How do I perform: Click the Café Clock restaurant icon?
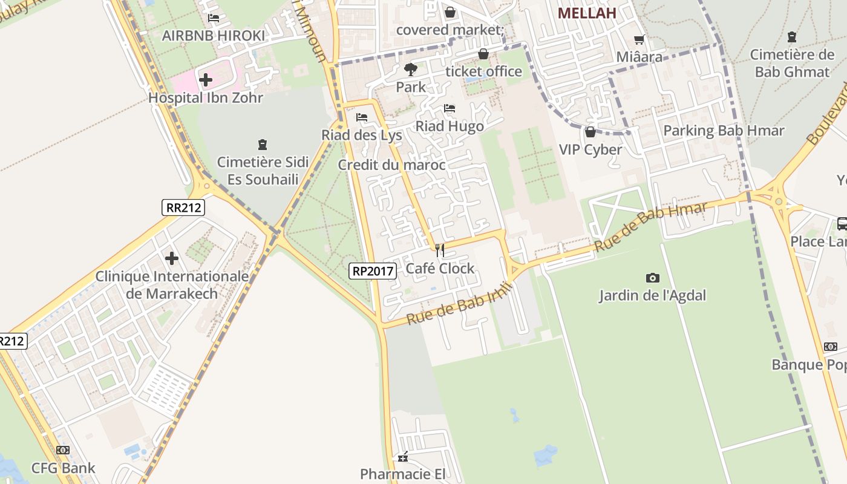coord(440,250)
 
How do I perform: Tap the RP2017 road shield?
coord(373,271)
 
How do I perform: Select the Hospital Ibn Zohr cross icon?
coord(206,79)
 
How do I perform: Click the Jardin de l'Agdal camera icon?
coord(653,278)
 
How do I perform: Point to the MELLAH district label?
coord(586,13)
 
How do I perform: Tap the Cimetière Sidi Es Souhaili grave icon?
coord(263,145)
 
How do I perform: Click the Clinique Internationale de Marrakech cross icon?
coord(172,258)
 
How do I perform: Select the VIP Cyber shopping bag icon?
coord(590,131)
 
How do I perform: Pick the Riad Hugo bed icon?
coord(450,108)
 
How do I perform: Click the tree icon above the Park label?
coord(411,69)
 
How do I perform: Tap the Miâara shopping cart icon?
coord(639,40)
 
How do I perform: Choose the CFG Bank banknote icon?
coord(63,450)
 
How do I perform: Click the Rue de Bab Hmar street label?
coord(650,227)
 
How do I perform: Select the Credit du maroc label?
coord(391,165)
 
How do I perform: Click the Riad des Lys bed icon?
coord(362,117)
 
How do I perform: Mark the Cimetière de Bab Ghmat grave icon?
coord(792,37)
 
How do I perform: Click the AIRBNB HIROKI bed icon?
coord(214,18)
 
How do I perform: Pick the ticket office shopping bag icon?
coord(483,54)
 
